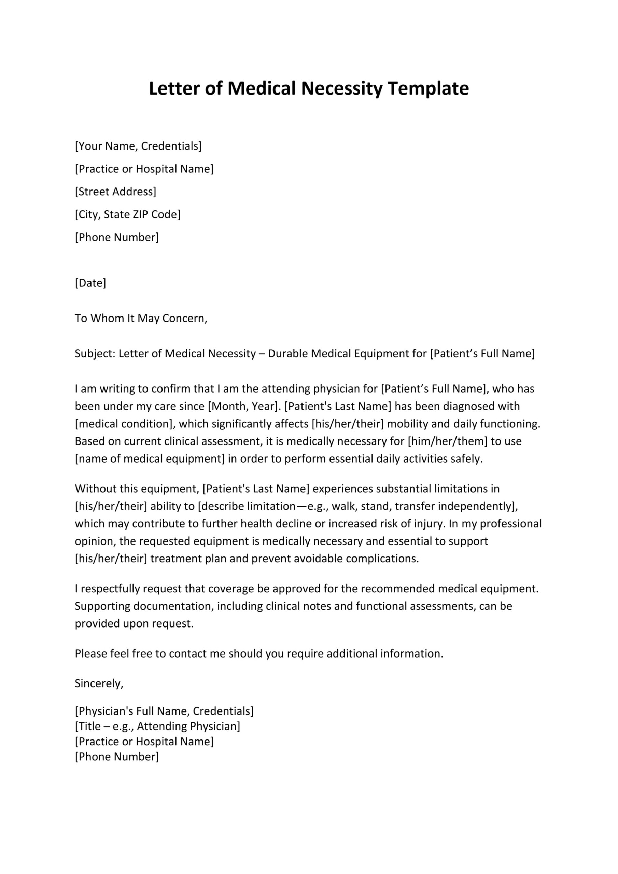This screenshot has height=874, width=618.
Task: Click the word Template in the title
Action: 428,89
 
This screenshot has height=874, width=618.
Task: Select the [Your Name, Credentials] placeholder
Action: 138,146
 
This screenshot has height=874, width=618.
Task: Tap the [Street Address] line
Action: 115,192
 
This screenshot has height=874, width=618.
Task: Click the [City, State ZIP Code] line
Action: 128,214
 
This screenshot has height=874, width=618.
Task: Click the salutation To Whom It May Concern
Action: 141,318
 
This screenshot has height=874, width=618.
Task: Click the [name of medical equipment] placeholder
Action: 150,459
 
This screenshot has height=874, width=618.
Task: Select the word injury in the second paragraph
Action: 432,523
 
